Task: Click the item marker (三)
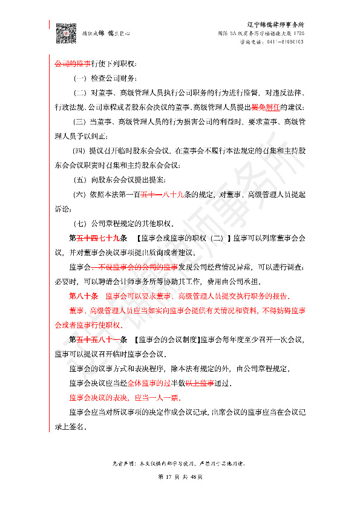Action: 79,122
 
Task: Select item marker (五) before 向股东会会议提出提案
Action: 79,180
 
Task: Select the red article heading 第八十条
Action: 84,296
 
